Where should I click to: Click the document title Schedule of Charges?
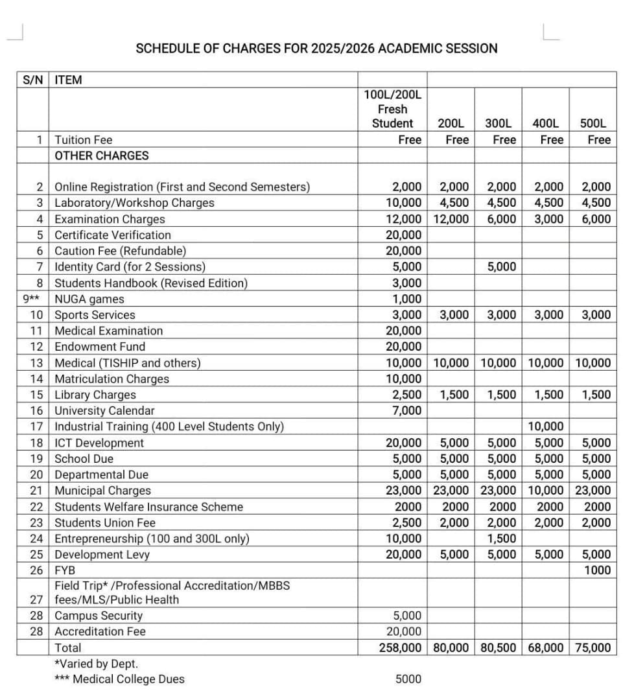(x=316, y=49)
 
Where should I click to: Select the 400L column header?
(x=545, y=123)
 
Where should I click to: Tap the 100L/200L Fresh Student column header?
(x=392, y=109)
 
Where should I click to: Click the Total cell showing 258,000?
(x=400, y=647)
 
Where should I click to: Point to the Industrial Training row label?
(x=169, y=426)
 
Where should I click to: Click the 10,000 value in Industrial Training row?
(x=545, y=426)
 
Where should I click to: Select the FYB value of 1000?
(x=597, y=570)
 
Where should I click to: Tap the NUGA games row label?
(x=89, y=299)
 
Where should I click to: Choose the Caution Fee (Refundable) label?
(x=120, y=251)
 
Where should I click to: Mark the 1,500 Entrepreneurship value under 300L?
(x=501, y=539)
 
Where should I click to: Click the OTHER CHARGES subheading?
(x=102, y=156)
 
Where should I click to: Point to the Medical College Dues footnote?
(x=120, y=679)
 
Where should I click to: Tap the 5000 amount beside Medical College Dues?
(x=408, y=679)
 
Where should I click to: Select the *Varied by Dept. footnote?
(x=97, y=664)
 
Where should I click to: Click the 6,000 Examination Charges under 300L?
(x=501, y=219)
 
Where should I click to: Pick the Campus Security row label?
(x=99, y=616)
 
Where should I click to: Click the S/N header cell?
(x=31, y=80)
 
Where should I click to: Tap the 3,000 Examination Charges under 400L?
(x=548, y=219)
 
